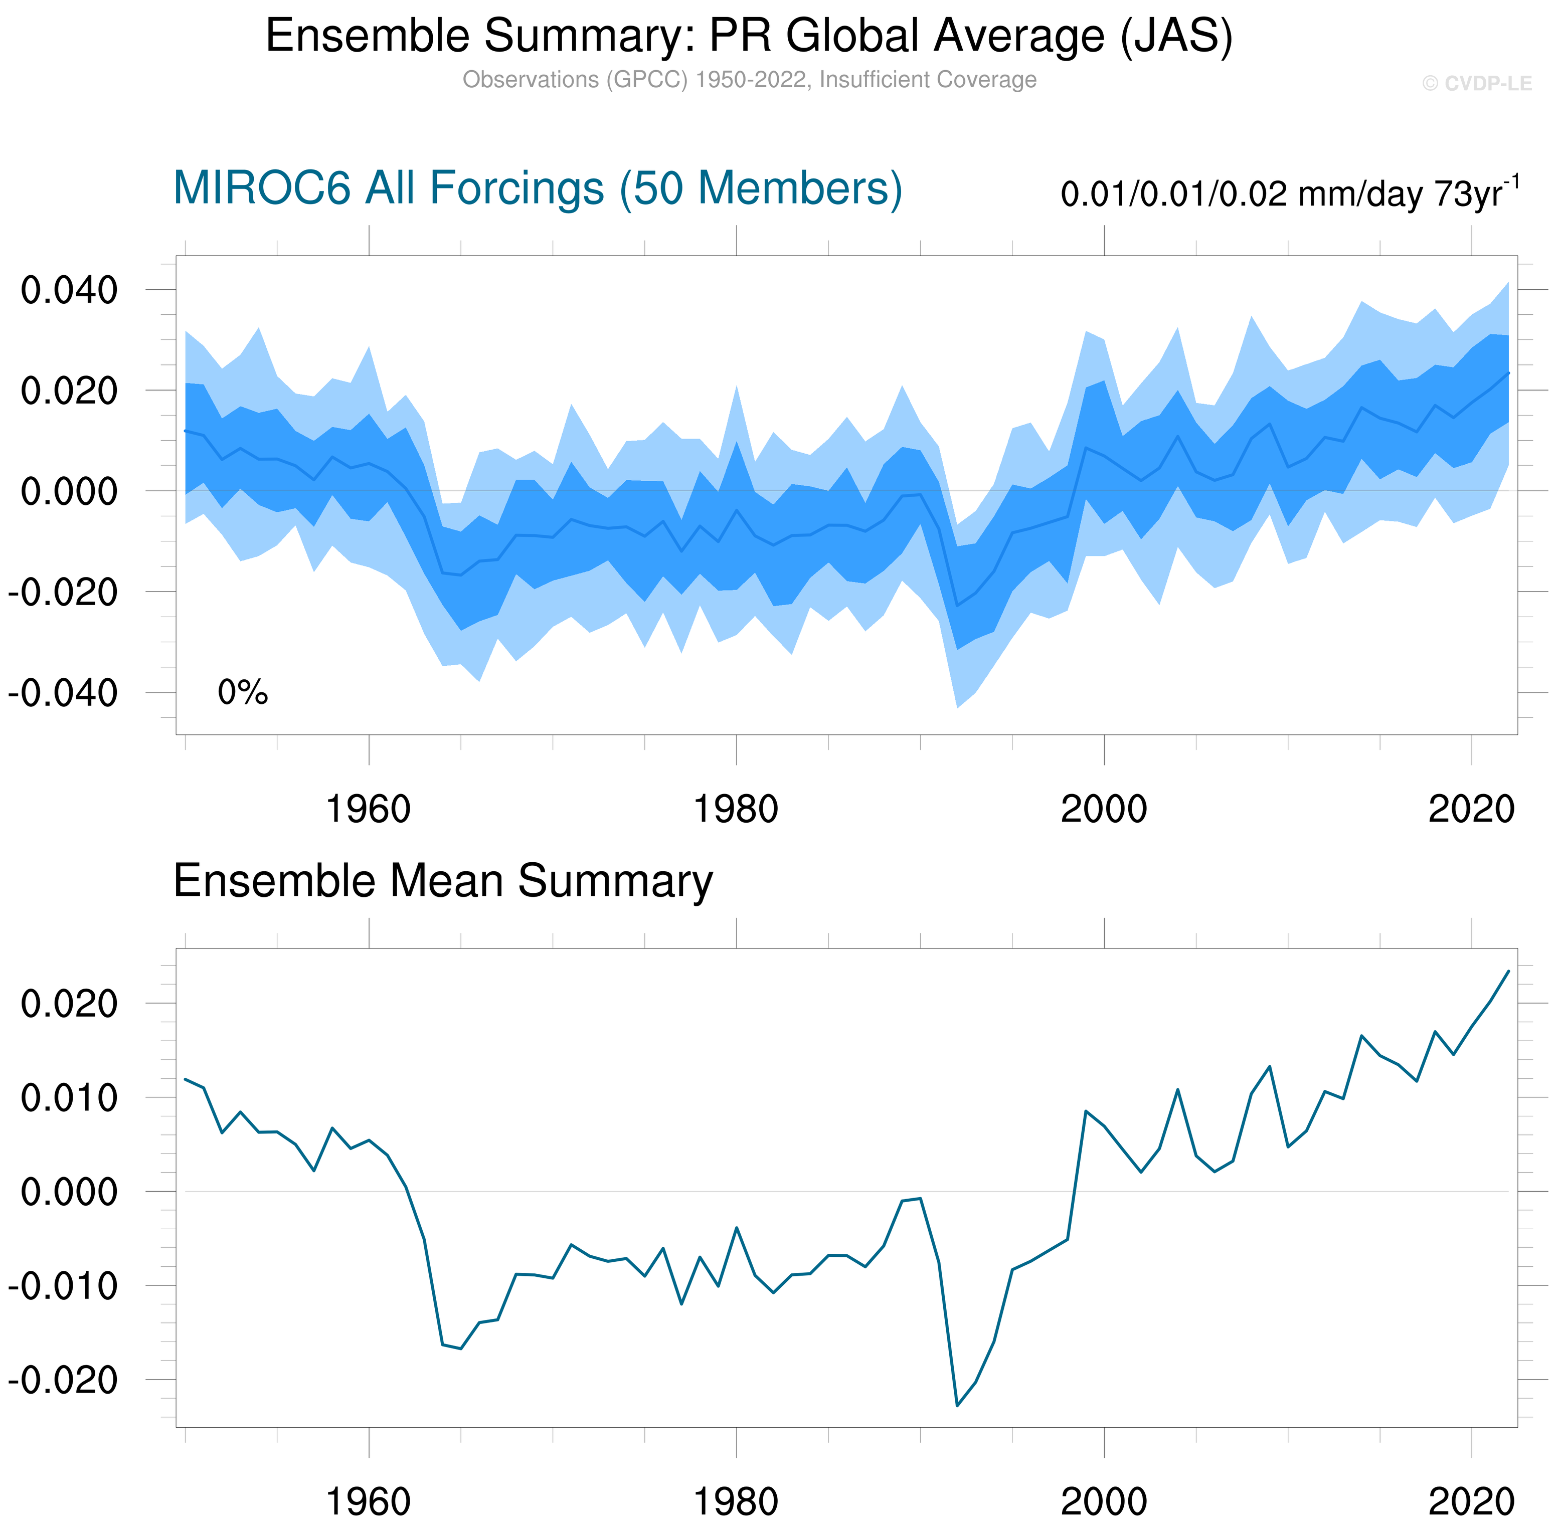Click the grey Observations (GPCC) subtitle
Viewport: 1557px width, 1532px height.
pos(749,80)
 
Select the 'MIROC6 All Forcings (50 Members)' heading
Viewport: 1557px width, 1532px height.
pos(538,188)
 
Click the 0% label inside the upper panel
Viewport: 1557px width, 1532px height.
pos(242,692)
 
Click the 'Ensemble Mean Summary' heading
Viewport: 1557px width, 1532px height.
pos(443,880)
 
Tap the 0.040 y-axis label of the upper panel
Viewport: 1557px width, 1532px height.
pos(69,290)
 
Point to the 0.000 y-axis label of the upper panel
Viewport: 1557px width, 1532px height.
pos(69,491)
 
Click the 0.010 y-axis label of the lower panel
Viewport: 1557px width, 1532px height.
pos(69,1097)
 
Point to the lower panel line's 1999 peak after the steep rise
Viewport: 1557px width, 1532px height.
pos(1086,1111)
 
